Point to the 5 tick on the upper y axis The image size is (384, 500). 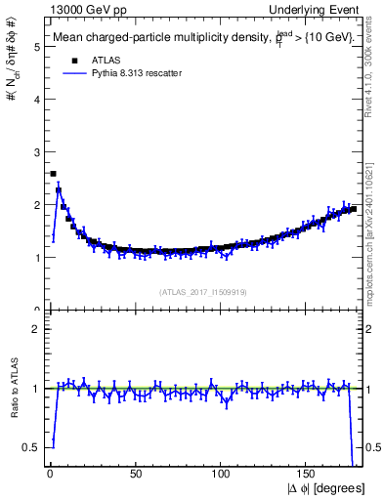click(36, 46)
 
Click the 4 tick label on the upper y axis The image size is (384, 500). click(36, 99)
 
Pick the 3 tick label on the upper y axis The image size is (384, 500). click(36, 151)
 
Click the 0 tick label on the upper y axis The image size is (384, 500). click(36, 310)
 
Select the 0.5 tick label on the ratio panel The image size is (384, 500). click(32, 447)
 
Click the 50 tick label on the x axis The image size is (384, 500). click(135, 474)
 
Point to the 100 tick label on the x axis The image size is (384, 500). click(221, 474)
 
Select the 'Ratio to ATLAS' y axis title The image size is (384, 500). click(13, 410)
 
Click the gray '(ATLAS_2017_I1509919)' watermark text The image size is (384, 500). click(201, 290)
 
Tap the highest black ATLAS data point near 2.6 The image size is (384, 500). click(53, 174)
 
